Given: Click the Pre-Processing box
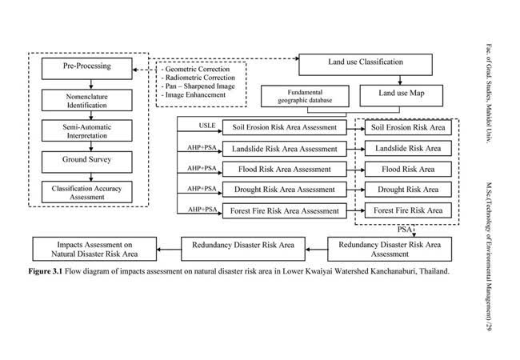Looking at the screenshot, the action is [x=87, y=69].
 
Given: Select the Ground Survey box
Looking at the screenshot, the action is [x=87, y=162].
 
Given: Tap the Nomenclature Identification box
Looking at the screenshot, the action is [x=87, y=100].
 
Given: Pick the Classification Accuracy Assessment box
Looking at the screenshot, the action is [x=87, y=192].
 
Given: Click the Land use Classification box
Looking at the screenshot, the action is [x=366, y=65].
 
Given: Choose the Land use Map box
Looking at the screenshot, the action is [x=402, y=96].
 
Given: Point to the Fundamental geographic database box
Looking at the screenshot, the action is [x=305, y=96].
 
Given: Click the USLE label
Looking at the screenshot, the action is [x=207, y=126].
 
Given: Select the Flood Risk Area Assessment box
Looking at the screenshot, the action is [x=285, y=170].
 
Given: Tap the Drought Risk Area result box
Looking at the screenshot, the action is [x=408, y=190].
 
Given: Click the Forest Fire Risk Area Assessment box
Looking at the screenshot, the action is [x=285, y=211].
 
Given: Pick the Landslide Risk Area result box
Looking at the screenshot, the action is [x=408, y=148].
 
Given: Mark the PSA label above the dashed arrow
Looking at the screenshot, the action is [x=405, y=230].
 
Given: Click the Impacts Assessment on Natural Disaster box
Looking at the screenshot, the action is [x=94, y=249].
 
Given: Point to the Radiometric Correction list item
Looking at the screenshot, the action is [x=198, y=78].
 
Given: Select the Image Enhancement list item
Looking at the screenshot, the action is [x=194, y=95].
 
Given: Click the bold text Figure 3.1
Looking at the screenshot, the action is [x=46, y=271].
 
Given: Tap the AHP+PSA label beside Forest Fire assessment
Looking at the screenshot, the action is [x=202, y=210].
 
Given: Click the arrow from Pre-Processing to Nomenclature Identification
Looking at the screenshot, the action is [x=91, y=85].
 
